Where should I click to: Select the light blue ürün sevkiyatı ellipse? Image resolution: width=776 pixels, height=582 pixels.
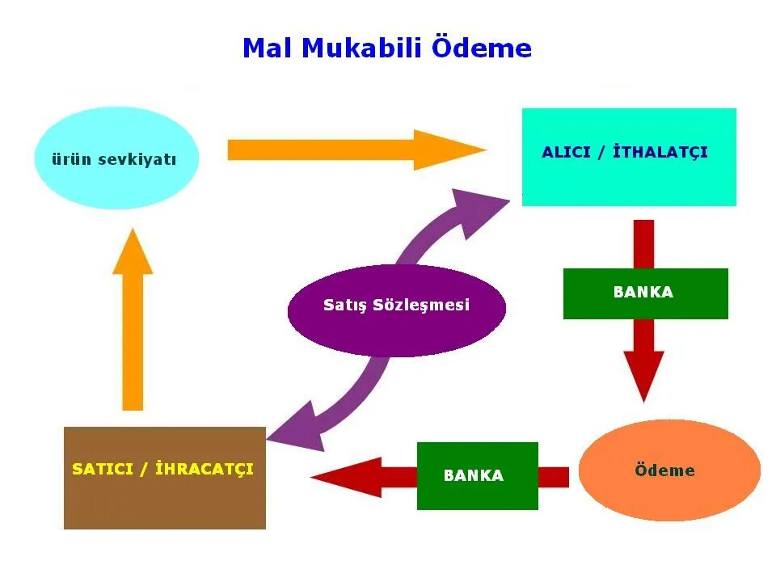point(116,158)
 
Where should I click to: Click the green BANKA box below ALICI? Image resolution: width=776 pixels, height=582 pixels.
point(645,293)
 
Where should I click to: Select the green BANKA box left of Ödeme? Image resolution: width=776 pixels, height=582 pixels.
point(477,476)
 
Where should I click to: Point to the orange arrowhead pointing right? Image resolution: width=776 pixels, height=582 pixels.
point(446,150)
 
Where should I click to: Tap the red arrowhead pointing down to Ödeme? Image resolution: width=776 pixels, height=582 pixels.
point(643,373)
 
